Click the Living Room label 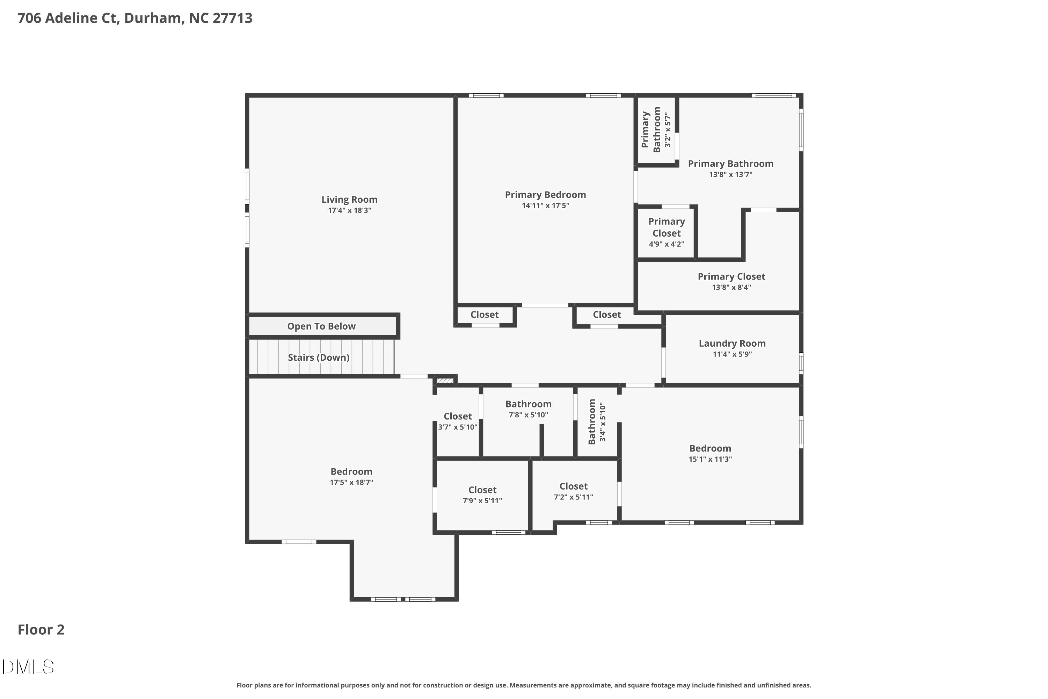tap(349, 200)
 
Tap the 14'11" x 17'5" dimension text tap(545, 206)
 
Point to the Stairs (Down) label tap(318, 358)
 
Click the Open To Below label tap(321, 326)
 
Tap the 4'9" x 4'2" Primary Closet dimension tap(666, 244)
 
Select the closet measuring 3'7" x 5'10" tap(458, 421)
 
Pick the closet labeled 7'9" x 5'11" tap(482, 495)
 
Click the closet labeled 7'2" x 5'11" tap(574, 491)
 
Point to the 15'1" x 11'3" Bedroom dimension tap(710, 459)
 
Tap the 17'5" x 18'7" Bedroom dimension tap(351, 482)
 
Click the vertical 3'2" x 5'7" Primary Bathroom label tap(656, 130)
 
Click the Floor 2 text tap(41, 629)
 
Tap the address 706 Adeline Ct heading tap(134, 18)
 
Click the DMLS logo tap(28, 667)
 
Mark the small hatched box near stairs tap(445, 381)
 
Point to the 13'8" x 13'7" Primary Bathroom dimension tap(730, 175)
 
